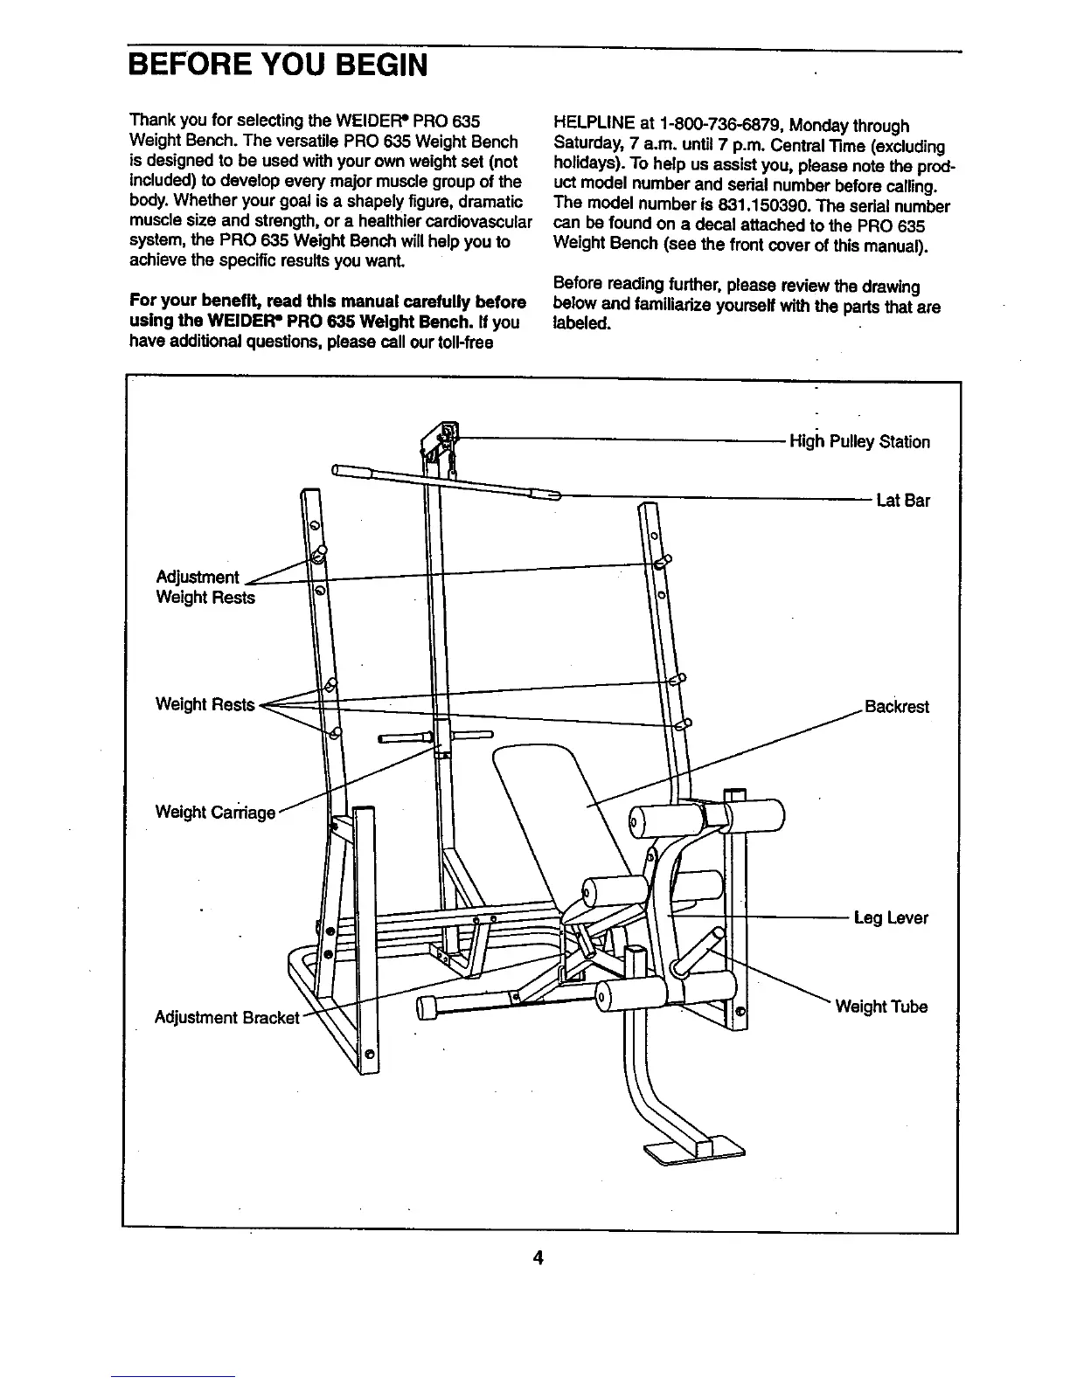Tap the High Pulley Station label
[x=859, y=441]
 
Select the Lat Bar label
[x=903, y=501]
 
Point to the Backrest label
[x=896, y=706]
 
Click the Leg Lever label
[x=891, y=917]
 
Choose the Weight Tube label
[x=881, y=1007]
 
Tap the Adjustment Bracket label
[x=227, y=1017]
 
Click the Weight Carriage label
[x=215, y=812]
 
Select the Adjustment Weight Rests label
[x=205, y=587]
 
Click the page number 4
[x=538, y=1257]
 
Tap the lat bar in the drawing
[x=446, y=481]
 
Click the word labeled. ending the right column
[x=581, y=323]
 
